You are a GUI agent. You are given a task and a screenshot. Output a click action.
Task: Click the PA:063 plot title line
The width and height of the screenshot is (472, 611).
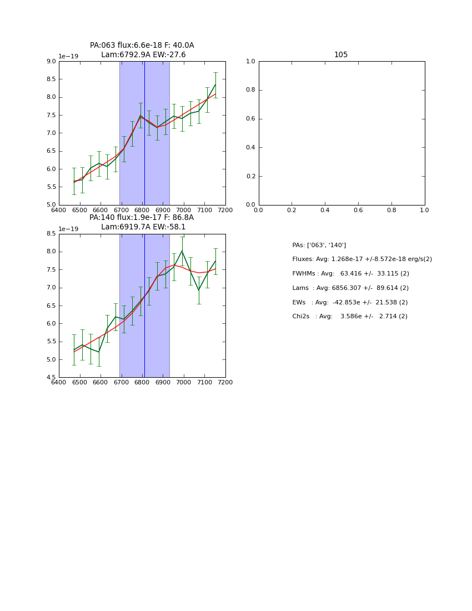pyautogui.click(x=142, y=46)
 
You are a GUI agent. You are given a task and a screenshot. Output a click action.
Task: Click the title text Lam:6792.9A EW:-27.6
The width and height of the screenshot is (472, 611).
pyautogui.click(x=143, y=55)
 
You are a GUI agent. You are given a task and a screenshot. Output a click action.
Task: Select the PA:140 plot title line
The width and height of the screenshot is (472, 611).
pyautogui.click(x=142, y=218)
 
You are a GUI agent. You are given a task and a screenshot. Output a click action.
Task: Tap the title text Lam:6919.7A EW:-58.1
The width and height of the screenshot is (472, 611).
pyautogui.click(x=143, y=227)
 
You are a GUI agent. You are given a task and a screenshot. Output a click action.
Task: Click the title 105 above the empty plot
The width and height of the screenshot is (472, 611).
pyautogui.click(x=341, y=55)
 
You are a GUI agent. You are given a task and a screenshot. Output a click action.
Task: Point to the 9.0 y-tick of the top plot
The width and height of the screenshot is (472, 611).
pyautogui.click(x=51, y=61)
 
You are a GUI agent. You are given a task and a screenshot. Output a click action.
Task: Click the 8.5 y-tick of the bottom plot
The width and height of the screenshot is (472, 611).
pyautogui.click(x=51, y=234)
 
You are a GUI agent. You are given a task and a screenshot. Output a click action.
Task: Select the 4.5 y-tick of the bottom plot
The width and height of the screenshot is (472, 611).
pyautogui.click(x=51, y=377)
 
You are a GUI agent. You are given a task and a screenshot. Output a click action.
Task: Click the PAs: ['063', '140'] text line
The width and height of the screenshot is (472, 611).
pyautogui.click(x=319, y=245)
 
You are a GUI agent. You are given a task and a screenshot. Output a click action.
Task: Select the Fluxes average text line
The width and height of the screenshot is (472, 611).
pyautogui.click(x=362, y=259)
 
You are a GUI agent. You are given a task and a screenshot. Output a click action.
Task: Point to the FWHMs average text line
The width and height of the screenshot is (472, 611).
pyautogui.click(x=350, y=274)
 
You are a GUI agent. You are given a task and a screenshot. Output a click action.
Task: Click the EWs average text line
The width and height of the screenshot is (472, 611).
pyautogui.click(x=350, y=302)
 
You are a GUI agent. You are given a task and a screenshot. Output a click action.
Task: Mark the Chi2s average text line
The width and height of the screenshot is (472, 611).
pyautogui.click(x=350, y=317)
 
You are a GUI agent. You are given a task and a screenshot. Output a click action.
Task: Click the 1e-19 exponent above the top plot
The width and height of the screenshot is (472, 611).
pyautogui.click(x=69, y=56)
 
